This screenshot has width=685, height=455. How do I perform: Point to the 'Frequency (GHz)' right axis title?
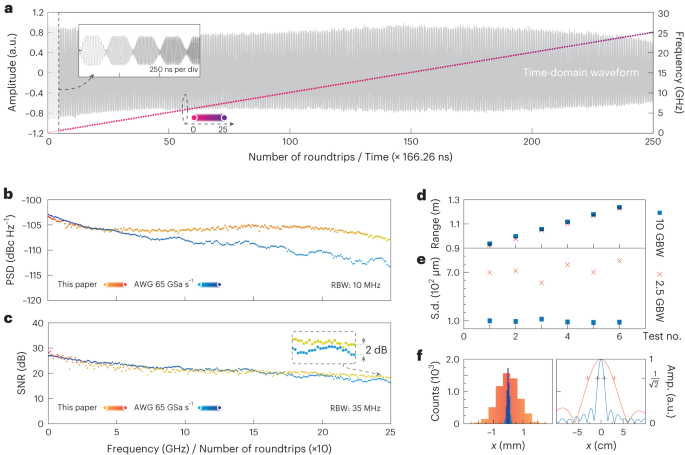[676, 72]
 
